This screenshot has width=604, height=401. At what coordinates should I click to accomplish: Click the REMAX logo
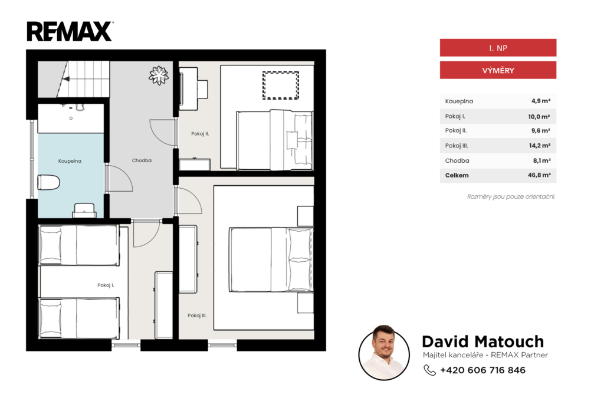[x=70, y=31]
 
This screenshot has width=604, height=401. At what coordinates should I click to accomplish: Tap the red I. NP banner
[x=498, y=48]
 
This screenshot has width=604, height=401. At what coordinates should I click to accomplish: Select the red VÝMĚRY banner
[x=498, y=70]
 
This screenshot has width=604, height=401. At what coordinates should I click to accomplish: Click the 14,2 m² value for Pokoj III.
[x=539, y=146]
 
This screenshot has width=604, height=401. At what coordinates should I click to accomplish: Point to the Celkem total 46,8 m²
[x=539, y=175]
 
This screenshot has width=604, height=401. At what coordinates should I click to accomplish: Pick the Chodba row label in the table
[x=457, y=160]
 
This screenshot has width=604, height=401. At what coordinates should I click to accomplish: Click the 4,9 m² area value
[x=541, y=101]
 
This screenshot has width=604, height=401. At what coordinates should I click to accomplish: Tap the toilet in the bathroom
[x=48, y=182]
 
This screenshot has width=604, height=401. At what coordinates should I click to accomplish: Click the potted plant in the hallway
[x=159, y=75]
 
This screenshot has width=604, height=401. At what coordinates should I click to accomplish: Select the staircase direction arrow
[x=66, y=79]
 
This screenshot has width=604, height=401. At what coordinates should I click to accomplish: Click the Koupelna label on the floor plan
[x=70, y=161]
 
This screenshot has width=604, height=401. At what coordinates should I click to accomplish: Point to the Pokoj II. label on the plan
[x=200, y=134]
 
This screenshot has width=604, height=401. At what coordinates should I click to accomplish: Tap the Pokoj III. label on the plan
[x=197, y=315]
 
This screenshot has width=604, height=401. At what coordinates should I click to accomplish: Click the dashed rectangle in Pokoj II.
[x=281, y=85]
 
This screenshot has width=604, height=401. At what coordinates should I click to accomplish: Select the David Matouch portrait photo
[x=384, y=353]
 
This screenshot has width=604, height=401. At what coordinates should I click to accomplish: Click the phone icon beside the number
[x=429, y=370]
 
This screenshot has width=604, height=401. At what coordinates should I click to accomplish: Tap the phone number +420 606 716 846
[x=482, y=370]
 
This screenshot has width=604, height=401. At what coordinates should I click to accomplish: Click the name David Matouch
[x=482, y=341]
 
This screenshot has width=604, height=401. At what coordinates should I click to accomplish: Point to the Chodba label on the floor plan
[x=142, y=160]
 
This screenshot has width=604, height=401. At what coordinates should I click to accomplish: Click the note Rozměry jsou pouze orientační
[x=511, y=196]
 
